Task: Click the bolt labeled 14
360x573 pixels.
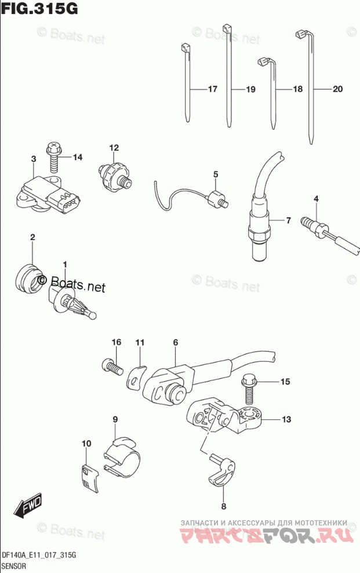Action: [x=53, y=157]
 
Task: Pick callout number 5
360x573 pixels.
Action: [x=215, y=174]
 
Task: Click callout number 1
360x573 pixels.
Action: [x=65, y=264]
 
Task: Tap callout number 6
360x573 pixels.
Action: [x=174, y=342]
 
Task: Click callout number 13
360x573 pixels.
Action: [x=286, y=419]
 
